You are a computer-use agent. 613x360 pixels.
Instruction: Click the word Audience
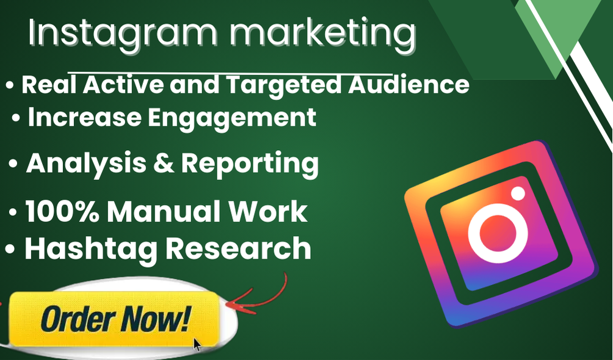408,84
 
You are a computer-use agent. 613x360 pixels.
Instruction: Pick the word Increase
84,117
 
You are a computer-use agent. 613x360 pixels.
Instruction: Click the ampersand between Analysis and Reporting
164,164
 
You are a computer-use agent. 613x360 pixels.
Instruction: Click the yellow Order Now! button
114,319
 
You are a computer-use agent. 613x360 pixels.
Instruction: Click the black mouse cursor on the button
197,344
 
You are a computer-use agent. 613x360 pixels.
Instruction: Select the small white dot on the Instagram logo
518,193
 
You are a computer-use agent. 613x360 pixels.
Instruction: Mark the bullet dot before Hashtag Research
10,248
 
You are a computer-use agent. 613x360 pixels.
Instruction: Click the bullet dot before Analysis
13,164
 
